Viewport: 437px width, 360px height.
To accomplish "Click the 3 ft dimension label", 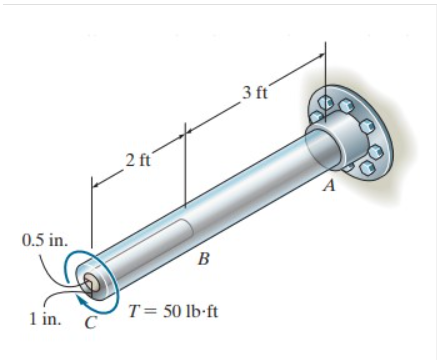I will (x=255, y=93).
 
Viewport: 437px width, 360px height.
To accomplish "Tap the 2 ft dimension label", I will (x=136, y=161).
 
